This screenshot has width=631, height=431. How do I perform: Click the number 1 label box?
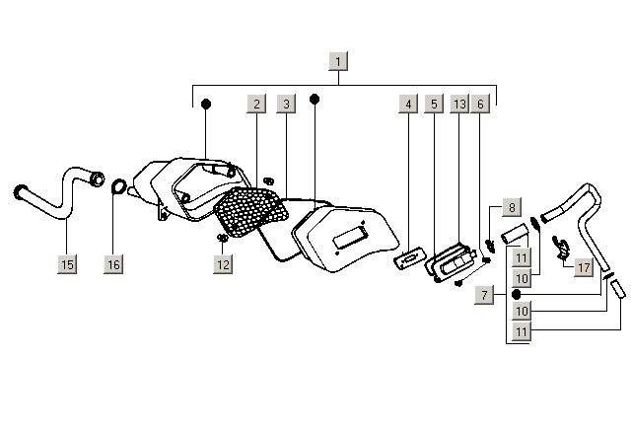coord(338,61)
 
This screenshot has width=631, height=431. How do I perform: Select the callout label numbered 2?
coord(256,104)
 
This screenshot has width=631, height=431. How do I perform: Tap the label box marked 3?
coord(286,104)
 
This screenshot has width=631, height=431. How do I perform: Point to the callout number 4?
coord(408,104)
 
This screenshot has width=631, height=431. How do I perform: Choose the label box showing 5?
coord(434,104)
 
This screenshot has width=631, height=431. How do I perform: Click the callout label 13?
coord(459,104)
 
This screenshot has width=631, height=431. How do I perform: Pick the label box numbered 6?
coord(480,104)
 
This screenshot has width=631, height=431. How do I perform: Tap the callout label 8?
coord(512,207)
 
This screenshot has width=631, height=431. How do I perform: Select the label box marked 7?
coord(484,295)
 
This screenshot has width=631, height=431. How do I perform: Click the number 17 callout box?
coord(584,267)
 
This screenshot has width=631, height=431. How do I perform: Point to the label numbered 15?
coord(67,264)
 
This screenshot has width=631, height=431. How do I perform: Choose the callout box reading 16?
coord(113,264)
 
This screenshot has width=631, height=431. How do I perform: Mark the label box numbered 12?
coord(223,264)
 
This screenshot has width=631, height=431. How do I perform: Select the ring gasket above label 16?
coord(118,186)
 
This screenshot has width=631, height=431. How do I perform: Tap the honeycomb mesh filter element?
coord(250,211)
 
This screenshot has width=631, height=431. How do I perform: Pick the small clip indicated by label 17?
coord(561,248)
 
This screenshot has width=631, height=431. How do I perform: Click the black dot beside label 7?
coord(517,295)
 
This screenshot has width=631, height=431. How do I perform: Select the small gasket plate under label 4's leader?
coord(410,258)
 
